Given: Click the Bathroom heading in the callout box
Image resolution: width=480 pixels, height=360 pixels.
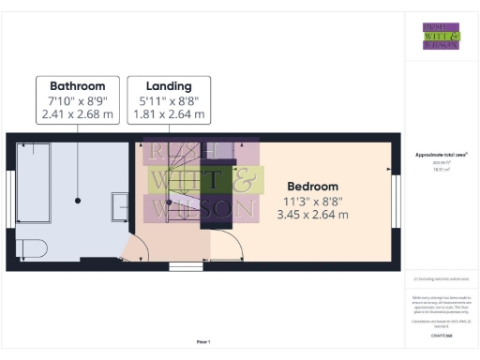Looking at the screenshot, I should click(78, 85).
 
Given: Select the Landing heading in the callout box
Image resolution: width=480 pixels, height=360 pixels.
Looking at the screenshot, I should click(168, 85).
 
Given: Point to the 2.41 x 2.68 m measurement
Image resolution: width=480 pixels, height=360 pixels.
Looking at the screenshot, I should click(78, 115).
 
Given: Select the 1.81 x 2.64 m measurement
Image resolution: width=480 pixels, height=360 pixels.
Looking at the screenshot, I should click(168, 115).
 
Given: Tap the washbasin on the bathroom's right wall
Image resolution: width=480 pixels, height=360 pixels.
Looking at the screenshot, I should click(121, 205).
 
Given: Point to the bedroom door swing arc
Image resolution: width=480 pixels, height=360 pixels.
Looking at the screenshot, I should click(232, 246).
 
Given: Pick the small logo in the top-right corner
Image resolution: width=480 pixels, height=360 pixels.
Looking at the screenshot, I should click(441, 35).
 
